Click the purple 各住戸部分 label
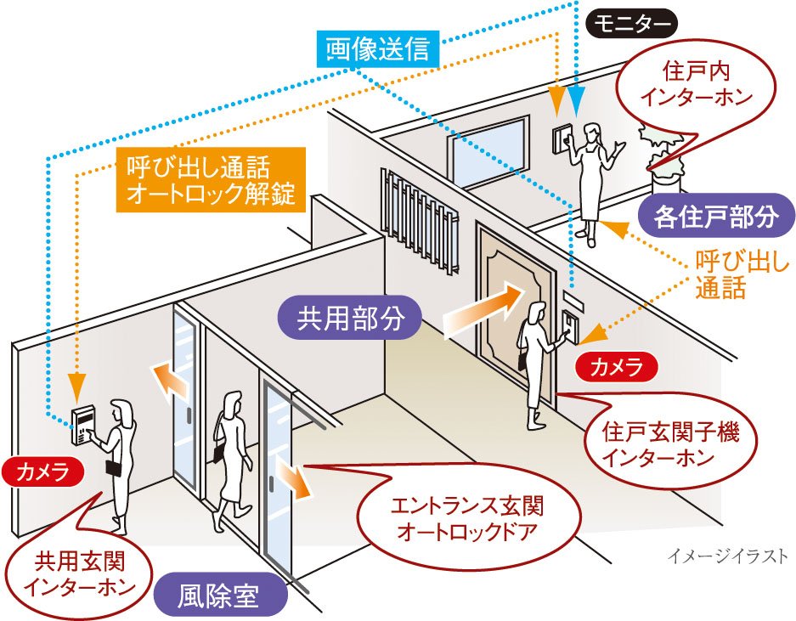click(x=716, y=217)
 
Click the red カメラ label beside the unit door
click(x=617, y=368)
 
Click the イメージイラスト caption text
click(x=728, y=557)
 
